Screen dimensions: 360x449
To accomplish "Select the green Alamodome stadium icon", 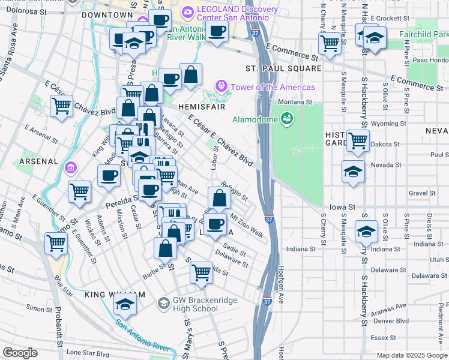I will click(288, 119).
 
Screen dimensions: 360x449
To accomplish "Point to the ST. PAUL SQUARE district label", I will click(283, 69).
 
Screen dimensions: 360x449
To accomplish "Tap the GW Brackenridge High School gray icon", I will click(163, 304).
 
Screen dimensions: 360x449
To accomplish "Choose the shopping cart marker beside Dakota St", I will click(358, 141).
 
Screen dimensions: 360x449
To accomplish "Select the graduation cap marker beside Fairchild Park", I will click(375, 38).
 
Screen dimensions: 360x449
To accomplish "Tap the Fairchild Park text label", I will click(423, 34).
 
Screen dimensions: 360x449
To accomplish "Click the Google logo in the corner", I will click(20, 352).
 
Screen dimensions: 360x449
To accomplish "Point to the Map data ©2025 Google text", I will click(411, 355).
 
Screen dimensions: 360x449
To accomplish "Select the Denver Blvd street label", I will click(391, 320).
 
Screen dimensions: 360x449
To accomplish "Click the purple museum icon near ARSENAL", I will click(71, 166).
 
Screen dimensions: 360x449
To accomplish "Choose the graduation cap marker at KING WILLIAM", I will click(125, 304).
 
